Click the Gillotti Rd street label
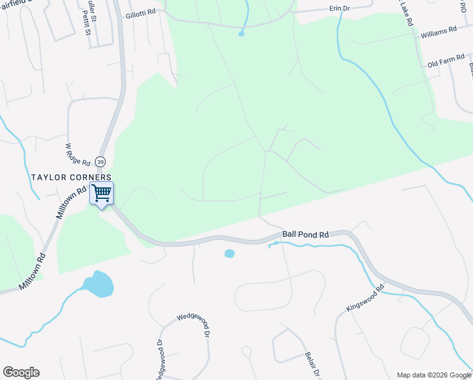tap(141, 13)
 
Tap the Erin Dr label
tap(340, 8)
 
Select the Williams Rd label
tap(438, 30)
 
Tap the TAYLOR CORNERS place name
tap(71, 177)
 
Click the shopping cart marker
tap(101, 193)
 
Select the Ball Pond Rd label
tap(305, 234)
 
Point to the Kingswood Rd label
tap(365, 298)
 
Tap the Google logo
tap(21, 372)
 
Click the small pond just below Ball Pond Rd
tap(230, 253)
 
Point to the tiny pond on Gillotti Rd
tap(241, 34)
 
